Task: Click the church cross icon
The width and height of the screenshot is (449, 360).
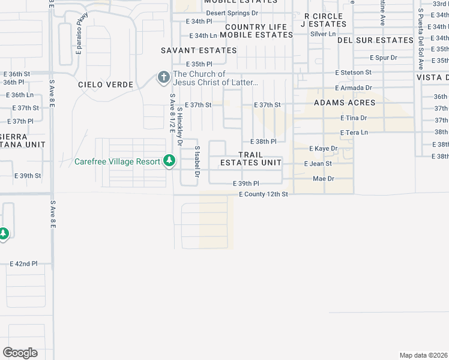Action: point(163,77)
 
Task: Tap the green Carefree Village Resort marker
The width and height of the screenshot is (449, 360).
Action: point(170,161)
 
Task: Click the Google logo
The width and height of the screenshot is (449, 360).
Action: point(20,352)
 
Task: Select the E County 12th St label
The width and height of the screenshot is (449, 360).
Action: point(264,194)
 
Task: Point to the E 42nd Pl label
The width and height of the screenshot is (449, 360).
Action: point(23,263)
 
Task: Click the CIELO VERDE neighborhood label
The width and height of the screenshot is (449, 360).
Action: point(105,85)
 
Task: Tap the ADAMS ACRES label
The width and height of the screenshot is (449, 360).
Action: point(345,103)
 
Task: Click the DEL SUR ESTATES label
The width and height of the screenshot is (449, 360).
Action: point(375,40)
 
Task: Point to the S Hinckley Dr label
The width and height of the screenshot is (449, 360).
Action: point(179,127)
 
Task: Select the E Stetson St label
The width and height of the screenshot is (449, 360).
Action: point(353,72)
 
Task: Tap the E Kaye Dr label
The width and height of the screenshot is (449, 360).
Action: point(323,148)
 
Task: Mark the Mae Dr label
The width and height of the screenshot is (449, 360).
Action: point(324,179)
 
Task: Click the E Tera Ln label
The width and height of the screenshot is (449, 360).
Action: point(354,132)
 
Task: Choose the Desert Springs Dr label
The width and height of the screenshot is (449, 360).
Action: point(232,13)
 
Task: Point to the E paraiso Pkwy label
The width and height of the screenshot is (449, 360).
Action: point(79,40)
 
